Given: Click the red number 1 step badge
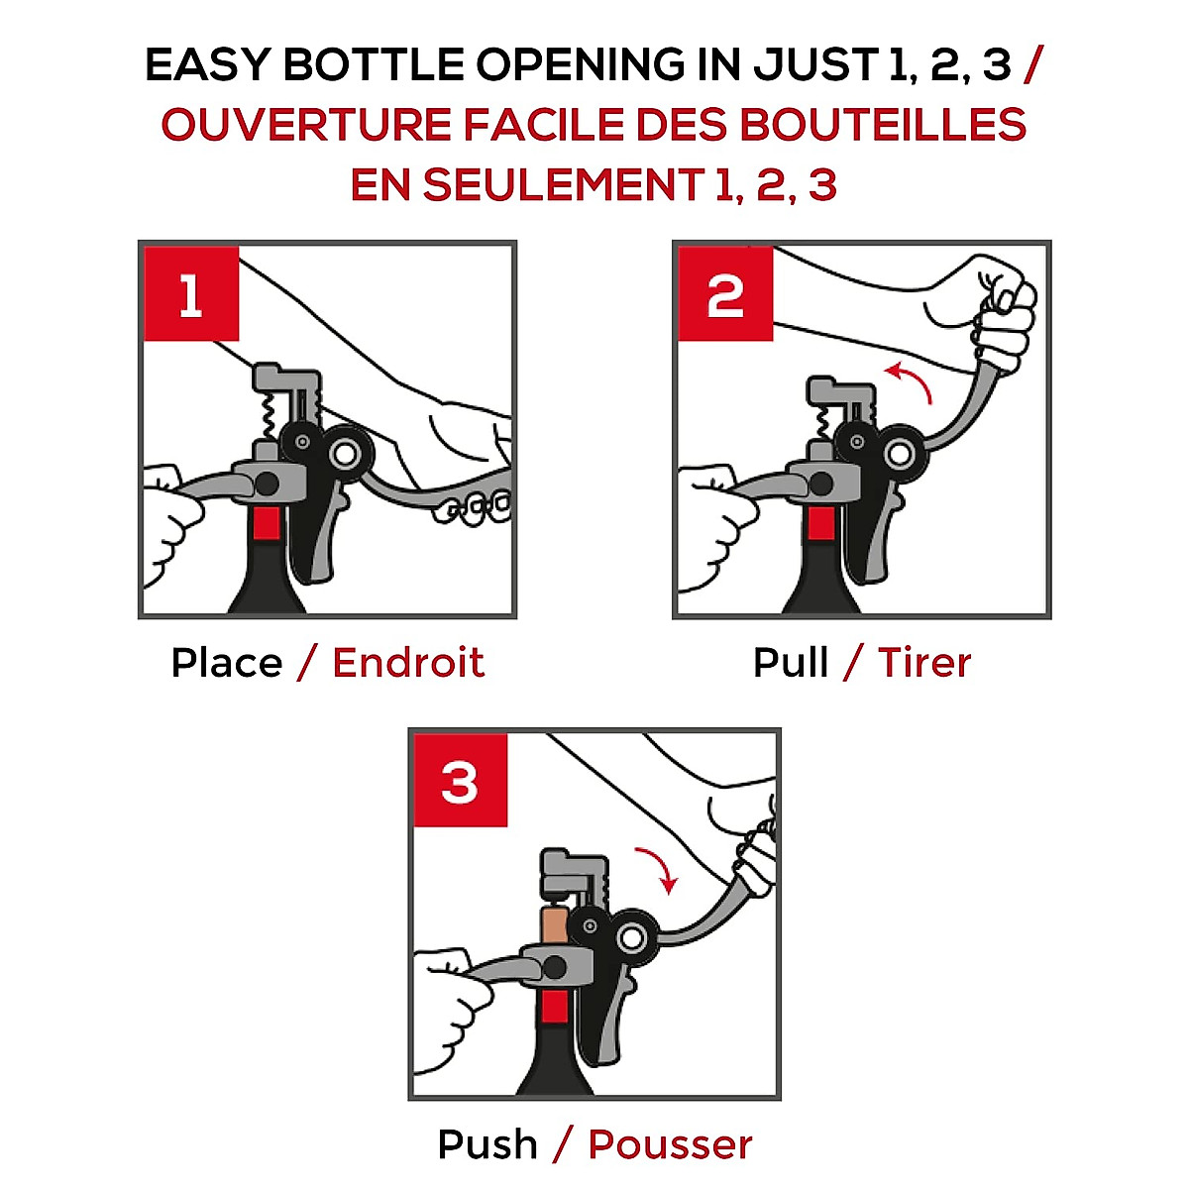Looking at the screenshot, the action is (191, 293).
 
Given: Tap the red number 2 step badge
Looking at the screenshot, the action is (725, 293).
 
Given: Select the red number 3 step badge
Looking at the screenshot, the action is (461, 781).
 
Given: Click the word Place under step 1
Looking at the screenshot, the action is (227, 664).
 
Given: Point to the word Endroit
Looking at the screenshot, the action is (408, 663).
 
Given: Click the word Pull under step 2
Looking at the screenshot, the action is (791, 663).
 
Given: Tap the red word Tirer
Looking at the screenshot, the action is (924, 663).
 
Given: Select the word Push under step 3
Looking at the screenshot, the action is (487, 1145).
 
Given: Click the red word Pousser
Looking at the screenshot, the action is (670, 1145).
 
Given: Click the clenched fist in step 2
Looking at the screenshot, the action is (1000, 316).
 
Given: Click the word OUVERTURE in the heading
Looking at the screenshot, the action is (306, 124).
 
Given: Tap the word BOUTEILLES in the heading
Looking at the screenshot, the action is (883, 124).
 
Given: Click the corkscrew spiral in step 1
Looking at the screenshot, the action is (270, 417).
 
